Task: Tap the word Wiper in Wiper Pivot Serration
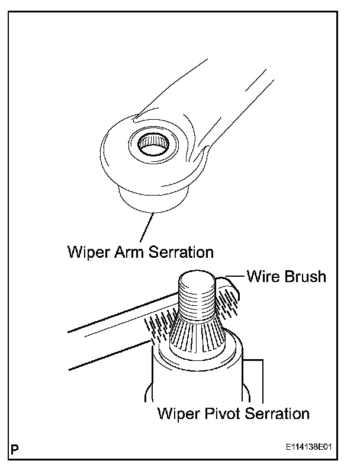pos(178,412)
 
